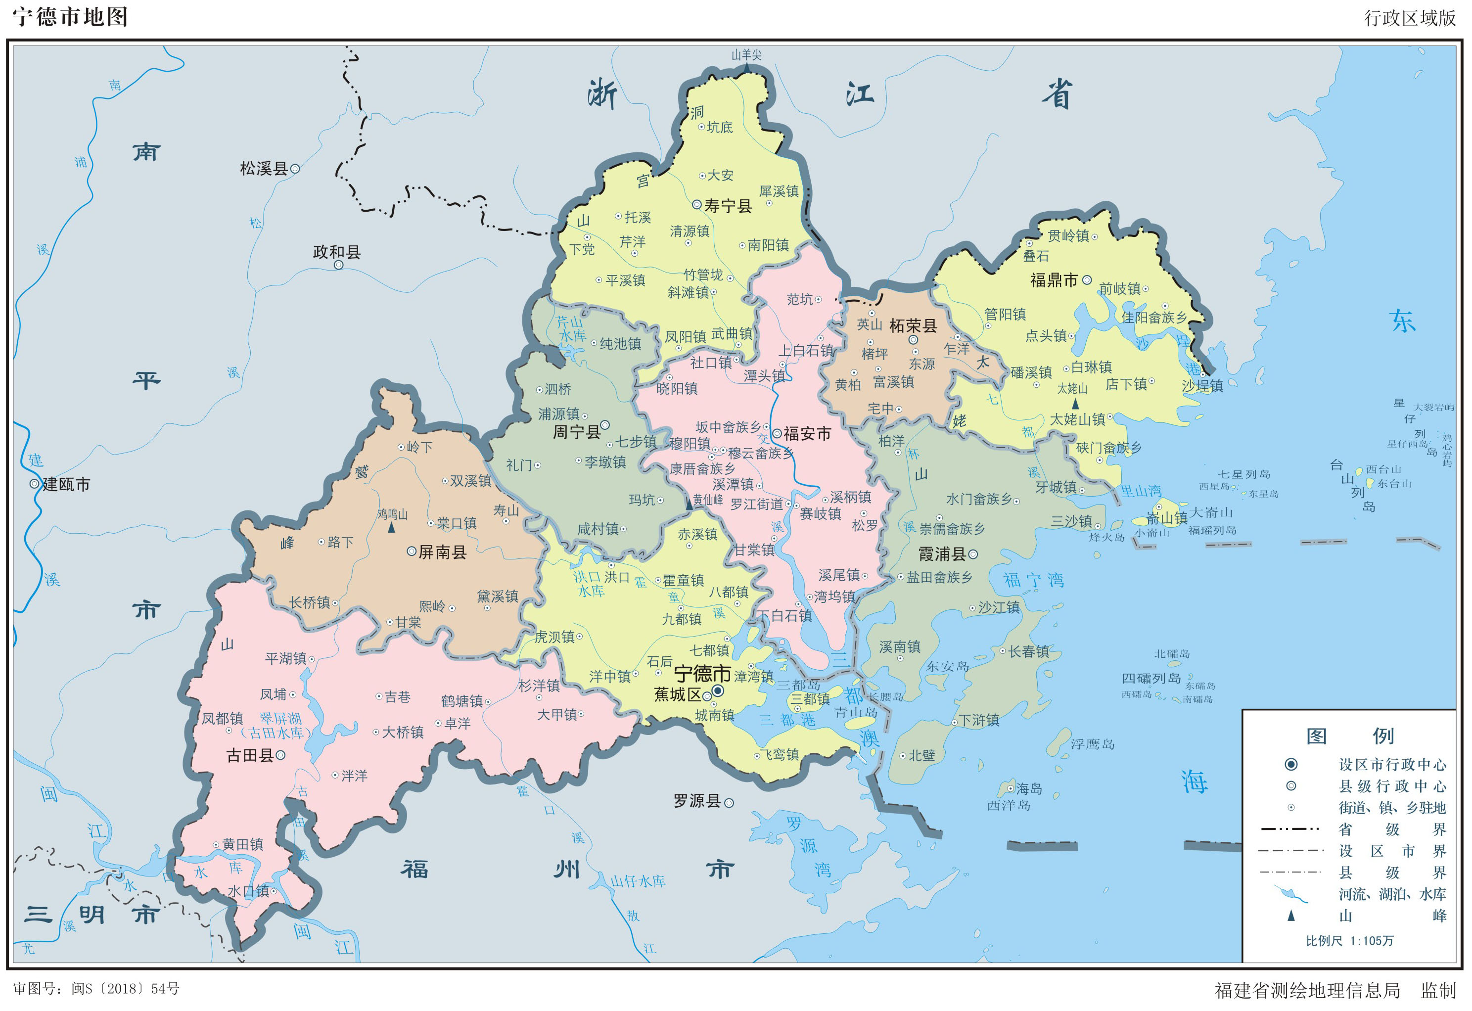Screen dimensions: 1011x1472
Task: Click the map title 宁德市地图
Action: coord(70,17)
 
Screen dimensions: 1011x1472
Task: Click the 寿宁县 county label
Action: coord(728,206)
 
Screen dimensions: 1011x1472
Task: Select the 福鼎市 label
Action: coord(1054,280)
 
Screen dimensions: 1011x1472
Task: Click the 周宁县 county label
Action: coord(576,432)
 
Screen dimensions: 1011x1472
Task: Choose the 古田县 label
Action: coord(250,756)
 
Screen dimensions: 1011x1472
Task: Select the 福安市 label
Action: coord(807,434)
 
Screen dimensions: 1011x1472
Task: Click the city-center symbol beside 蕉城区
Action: coord(718,690)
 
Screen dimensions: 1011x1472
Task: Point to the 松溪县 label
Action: coord(264,169)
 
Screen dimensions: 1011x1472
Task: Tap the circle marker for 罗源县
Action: coord(729,803)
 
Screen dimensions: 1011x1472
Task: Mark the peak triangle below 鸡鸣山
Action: coord(391,527)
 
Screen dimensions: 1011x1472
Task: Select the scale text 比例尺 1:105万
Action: coord(1350,941)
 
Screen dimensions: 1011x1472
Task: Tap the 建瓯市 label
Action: coord(66,485)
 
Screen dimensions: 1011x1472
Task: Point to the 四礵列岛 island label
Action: coord(1151,679)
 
